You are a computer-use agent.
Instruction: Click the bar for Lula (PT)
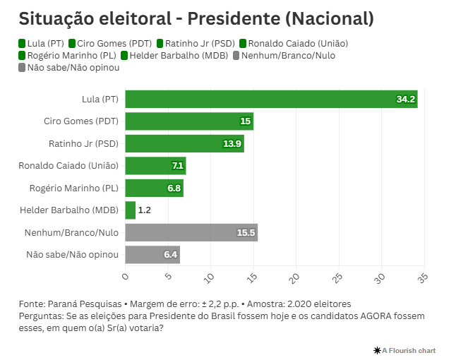pyautogui.click(x=271, y=100)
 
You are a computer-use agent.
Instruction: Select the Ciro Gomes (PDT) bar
pyautogui.click(x=189, y=121)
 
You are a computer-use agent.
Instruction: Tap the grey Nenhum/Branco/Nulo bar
pyautogui.click(x=191, y=232)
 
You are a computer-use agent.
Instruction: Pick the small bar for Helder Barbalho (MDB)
pyautogui.click(x=131, y=210)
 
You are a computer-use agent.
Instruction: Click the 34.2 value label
pyautogui.click(x=406, y=100)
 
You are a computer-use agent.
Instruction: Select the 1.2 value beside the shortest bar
pyautogui.click(x=145, y=210)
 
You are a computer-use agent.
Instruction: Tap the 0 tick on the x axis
pyautogui.click(x=126, y=275)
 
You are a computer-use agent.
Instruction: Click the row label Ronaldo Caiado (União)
pyautogui.click(x=68, y=166)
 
